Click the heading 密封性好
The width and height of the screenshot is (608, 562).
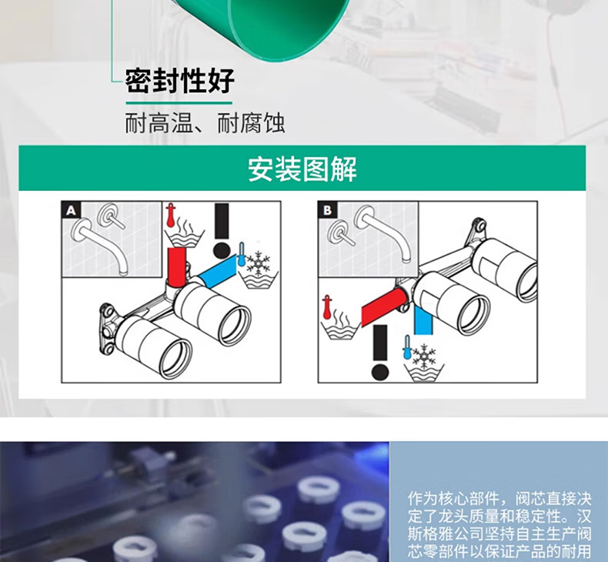180,81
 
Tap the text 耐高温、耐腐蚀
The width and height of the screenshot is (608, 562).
205,123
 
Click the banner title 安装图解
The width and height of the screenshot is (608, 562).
302,169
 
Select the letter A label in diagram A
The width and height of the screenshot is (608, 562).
71,211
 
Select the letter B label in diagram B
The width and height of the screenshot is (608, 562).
327,210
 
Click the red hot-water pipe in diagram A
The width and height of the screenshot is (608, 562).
177,267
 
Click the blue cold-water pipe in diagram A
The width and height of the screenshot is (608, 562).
218,272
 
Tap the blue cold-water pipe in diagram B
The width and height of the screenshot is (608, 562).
423,320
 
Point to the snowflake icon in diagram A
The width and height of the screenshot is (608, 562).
258,263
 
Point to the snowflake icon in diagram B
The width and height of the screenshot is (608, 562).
424,356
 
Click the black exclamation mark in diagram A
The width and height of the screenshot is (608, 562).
222,231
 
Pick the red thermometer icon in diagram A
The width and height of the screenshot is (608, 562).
171,215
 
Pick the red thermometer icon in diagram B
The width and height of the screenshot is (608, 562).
327,307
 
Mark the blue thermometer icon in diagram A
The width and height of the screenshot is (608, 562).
242,254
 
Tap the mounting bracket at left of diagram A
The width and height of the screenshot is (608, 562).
108,329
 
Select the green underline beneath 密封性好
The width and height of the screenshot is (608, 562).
179,103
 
